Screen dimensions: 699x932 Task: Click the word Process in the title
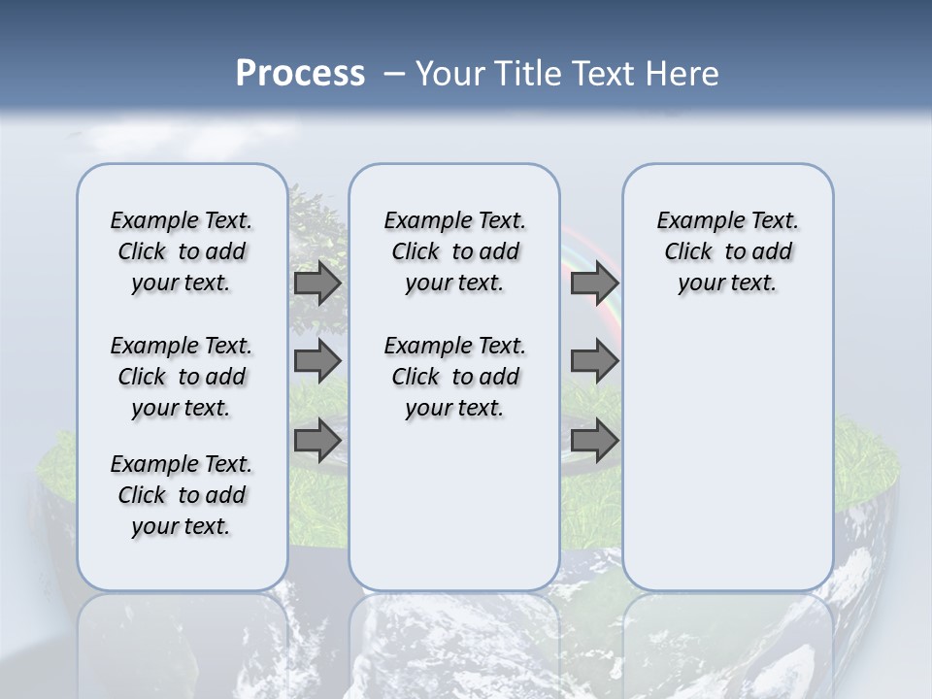pyautogui.click(x=300, y=74)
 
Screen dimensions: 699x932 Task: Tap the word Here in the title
pyautogui.click(x=683, y=74)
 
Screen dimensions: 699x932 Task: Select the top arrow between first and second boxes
pyautogui.click(x=317, y=283)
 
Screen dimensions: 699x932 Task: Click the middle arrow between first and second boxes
pyautogui.click(x=317, y=361)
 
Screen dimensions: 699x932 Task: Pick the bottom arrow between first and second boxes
pyautogui.click(x=317, y=440)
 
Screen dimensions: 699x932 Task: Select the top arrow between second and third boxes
pyautogui.click(x=594, y=283)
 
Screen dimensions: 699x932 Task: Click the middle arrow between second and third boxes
pyautogui.click(x=594, y=361)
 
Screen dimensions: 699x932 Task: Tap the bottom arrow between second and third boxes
pyautogui.click(x=594, y=440)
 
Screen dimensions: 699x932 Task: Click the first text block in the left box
pyautogui.click(x=182, y=251)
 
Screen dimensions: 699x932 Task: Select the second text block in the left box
pyautogui.click(x=182, y=377)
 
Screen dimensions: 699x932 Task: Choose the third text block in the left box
pyautogui.click(x=182, y=495)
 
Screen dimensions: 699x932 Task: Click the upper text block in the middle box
pyautogui.click(x=454, y=251)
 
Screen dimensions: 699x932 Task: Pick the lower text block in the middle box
pyautogui.click(x=454, y=377)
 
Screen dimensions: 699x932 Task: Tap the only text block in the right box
pyautogui.click(x=727, y=251)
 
